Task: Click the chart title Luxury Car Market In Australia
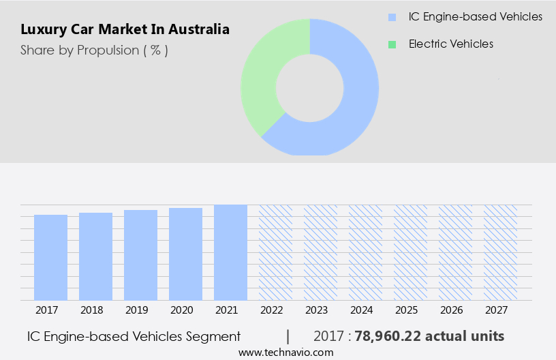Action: click(x=125, y=30)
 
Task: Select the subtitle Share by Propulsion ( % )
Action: click(x=94, y=50)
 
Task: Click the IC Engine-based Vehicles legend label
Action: click(x=476, y=16)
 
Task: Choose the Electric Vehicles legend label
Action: click(x=450, y=44)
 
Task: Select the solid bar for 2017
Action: click(x=50, y=257)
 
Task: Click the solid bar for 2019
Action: click(x=140, y=255)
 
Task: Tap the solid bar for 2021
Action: click(x=230, y=252)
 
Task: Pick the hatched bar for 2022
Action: click(x=275, y=252)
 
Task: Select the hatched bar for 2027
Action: click(x=500, y=252)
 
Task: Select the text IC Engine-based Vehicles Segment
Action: click(x=134, y=337)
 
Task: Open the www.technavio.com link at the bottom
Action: click(x=285, y=352)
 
